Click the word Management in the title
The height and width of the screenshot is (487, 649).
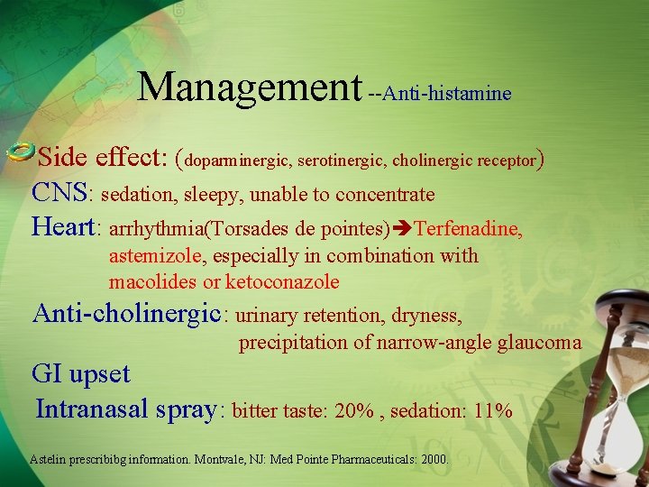[x=250, y=87]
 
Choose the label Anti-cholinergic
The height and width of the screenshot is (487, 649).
[x=126, y=313]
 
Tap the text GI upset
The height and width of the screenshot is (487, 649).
[x=81, y=373]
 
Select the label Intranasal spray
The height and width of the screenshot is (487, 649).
[x=125, y=409]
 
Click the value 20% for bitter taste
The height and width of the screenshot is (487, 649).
[x=353, y=411]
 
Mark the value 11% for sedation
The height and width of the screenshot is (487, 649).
[x=492, y=411]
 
